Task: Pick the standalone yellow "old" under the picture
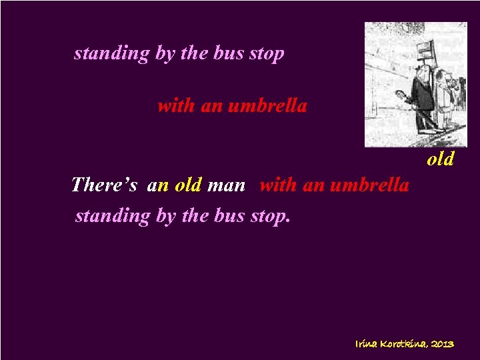click(440, 159)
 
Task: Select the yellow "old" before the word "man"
click(188, 184)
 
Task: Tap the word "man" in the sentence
click(227, 185)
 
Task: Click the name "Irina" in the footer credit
click(367, 344)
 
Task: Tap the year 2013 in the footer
click(443, 344)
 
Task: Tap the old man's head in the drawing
click(420, 69)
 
